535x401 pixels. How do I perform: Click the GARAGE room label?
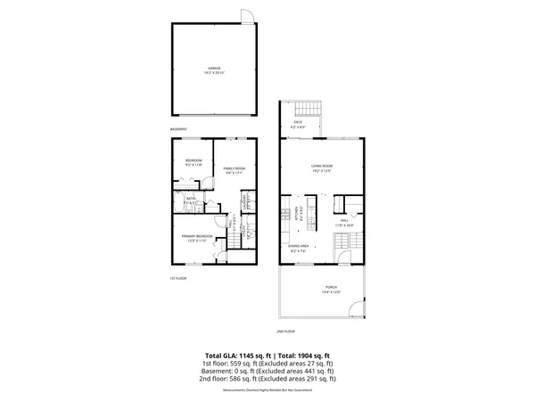click(x=214, y=69)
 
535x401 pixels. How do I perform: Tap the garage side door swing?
click(x=247, y=15)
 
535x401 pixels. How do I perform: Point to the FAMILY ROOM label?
click(x=234, y=170)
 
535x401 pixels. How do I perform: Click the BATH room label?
click(x=191, y=200)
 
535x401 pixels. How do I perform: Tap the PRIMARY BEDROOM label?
click(x=195, y=237)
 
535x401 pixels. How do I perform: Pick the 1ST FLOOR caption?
click(x=178, y=279)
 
